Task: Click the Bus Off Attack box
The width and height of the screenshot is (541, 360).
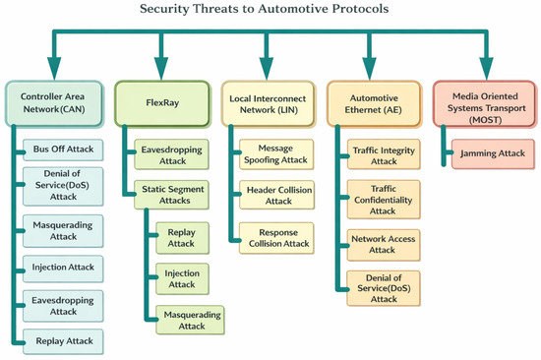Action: (63, 150)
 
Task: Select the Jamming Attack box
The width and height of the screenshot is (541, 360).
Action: (493, 154)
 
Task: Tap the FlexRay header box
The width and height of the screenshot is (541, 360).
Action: (162, 103)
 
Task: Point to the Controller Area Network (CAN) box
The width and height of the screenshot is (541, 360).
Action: (54, 103)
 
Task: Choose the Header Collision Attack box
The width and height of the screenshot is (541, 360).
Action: (276, 195)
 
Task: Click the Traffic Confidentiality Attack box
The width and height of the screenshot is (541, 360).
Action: (384, 200)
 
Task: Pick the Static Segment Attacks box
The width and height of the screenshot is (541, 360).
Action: (171, 195)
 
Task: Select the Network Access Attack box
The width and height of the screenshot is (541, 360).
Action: (384, 245)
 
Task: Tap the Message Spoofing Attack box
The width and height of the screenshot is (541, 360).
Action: (276, 154)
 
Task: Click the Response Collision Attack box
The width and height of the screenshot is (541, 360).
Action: (276, 238)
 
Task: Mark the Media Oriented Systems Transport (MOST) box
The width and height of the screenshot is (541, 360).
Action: (484, 104)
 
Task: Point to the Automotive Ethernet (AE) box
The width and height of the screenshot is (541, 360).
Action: (374, 104)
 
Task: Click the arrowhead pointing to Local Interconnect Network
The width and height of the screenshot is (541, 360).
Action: (267, 69)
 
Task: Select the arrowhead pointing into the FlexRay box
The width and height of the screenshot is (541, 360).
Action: (161, 69)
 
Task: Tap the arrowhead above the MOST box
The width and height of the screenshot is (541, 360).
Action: (487, 69)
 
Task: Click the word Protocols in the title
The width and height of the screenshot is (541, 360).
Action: (361, 8)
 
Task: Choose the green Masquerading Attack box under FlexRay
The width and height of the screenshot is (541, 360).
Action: (190, 320)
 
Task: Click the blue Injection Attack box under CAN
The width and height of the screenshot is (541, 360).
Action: (63, 269)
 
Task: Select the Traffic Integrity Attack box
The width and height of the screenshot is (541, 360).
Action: (384, 154)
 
